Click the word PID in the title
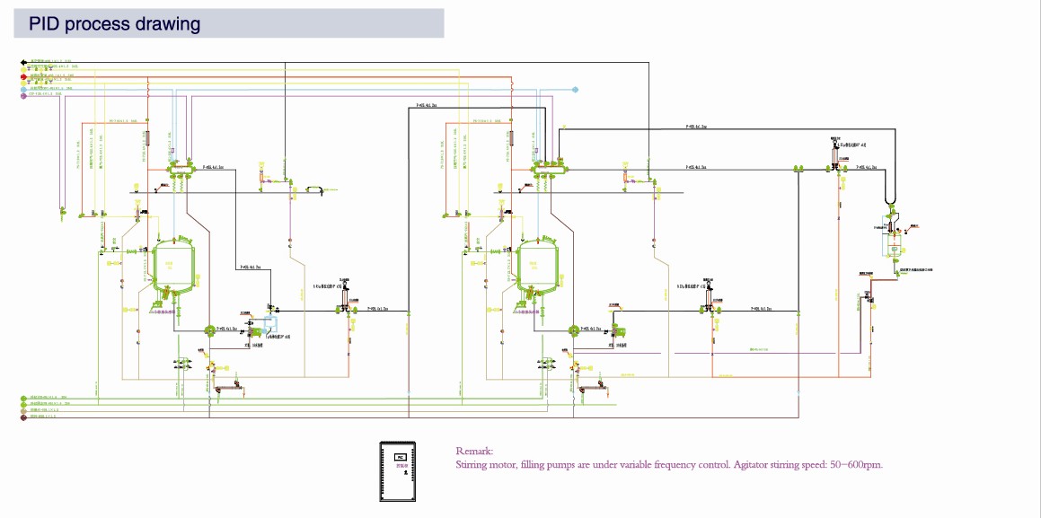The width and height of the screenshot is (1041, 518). [x=44, y=24]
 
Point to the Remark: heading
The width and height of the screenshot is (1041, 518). [x=474, y=452]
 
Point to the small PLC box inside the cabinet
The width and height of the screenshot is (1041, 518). [x=400, y=458]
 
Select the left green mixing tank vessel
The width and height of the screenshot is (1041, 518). [x=176, y=267]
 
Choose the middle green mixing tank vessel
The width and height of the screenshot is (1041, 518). [x=541, y=267]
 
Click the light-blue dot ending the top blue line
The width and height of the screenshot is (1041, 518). [x=576, y=90]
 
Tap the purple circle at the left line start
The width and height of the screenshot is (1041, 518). [x=23, y=95]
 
